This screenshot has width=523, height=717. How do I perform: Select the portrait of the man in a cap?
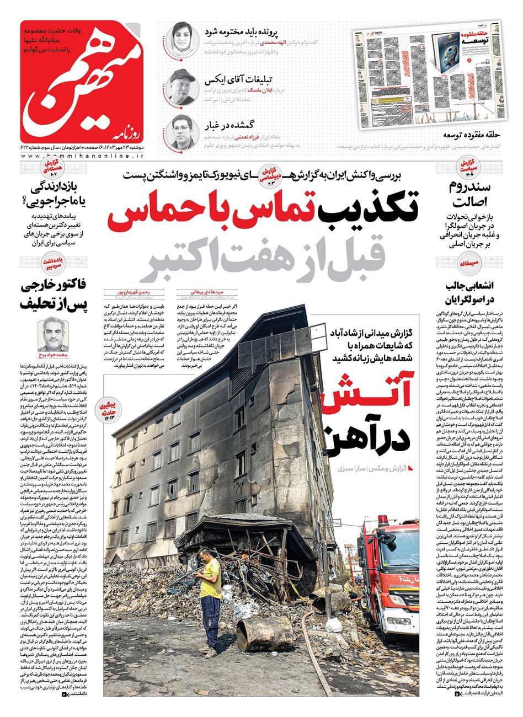180,87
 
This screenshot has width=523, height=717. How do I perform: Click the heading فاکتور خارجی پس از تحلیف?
52,296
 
